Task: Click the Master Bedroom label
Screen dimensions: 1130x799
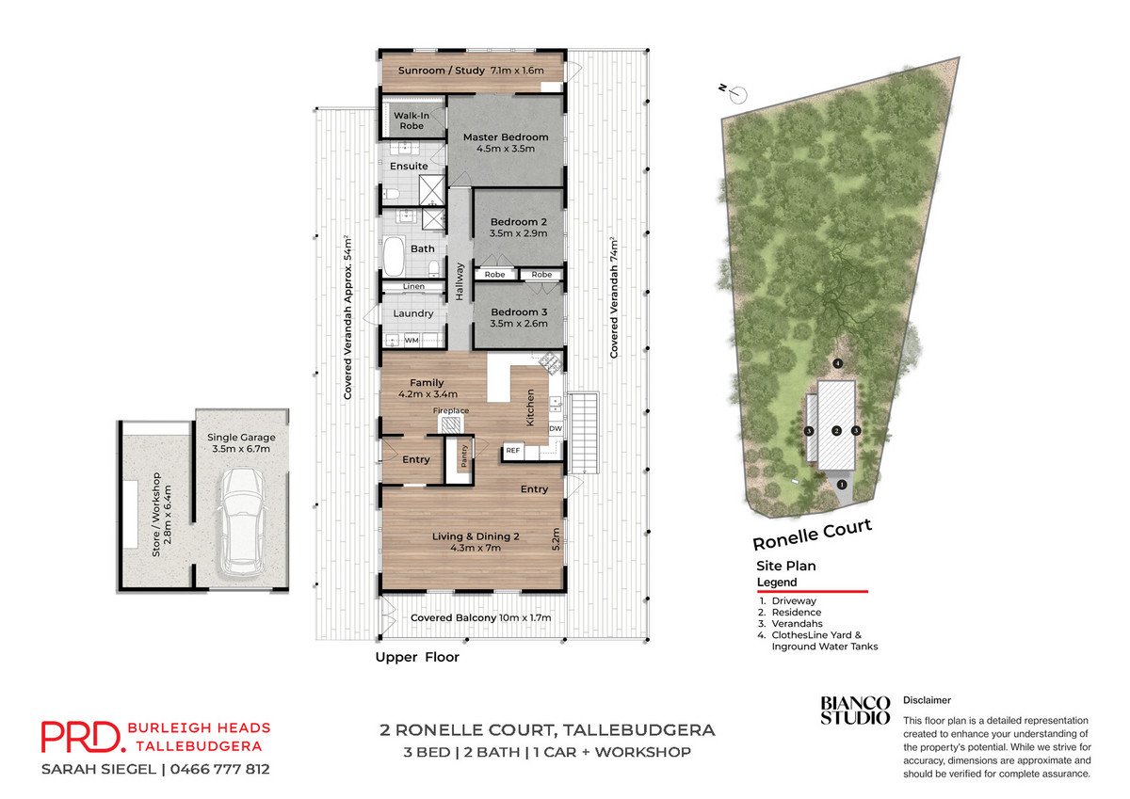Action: pyautogui.click(x=506, y=137)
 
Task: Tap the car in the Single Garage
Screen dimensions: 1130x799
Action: pyautogui.click(x=241, y=522)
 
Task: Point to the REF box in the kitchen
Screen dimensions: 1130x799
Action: pyautogui.click(x=512, y=451)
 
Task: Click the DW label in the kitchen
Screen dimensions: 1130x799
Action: pyautogui.click(x=556, y=428)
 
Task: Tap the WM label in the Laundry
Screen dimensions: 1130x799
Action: pyautogui.click(x=412, y=341)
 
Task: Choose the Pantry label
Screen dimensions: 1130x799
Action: pyautogui.click(x=464, y=455)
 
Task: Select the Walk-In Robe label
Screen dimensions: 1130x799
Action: pyautogui.click(x=412, y=120)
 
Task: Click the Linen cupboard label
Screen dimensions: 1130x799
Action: pyautogui.click(x=413, y=286)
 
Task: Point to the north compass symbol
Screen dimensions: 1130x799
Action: pyautogui.click(x=736, y=93)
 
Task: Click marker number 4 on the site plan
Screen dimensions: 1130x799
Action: pyautogui.click(x=838, y=363)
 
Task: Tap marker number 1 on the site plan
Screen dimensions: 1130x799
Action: pyautogui.click(x=842, y=485)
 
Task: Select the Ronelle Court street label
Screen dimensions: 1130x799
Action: pyautogui.click(x=812, y=535)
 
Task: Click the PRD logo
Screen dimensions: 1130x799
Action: pyautogui.click(x=81, y=737)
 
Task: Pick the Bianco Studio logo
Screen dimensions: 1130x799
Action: pyautogui.click(x=855, y=711)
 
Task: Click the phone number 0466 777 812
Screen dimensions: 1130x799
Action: pyautogui.click(x=220, y=769)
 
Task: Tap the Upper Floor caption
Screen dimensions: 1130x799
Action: pyautogui.click(x=417, y=657)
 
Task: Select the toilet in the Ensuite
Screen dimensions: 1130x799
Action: pyautogui.click(x=391, y=194)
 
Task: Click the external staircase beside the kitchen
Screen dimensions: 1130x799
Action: pyautogui.click(x=584, y=433)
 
